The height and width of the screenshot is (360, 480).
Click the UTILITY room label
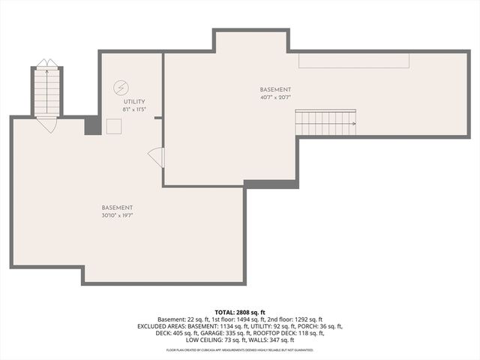[133, 101]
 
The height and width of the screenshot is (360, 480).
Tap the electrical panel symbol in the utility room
[121, 87]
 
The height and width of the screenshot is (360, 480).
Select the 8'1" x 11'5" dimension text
[133, 109]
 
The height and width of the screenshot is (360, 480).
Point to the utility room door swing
[157, 157]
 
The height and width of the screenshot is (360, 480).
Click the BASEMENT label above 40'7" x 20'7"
[275, 89]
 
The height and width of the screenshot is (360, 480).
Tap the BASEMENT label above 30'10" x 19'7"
[118, 207]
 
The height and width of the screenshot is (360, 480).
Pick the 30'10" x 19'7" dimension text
[118, 215]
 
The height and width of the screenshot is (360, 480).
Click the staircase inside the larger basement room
[324, 122]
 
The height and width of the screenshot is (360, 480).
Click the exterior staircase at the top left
[46, 91]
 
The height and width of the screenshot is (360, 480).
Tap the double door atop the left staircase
[46, 63]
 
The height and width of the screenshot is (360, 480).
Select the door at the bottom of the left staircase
[46, 124]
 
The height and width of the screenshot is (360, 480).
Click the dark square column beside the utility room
[92, 125]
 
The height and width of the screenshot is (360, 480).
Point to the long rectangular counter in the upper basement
[353, 61]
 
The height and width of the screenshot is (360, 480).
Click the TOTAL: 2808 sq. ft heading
[240, 312]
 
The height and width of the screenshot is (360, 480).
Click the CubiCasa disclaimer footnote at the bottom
[240, 349]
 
